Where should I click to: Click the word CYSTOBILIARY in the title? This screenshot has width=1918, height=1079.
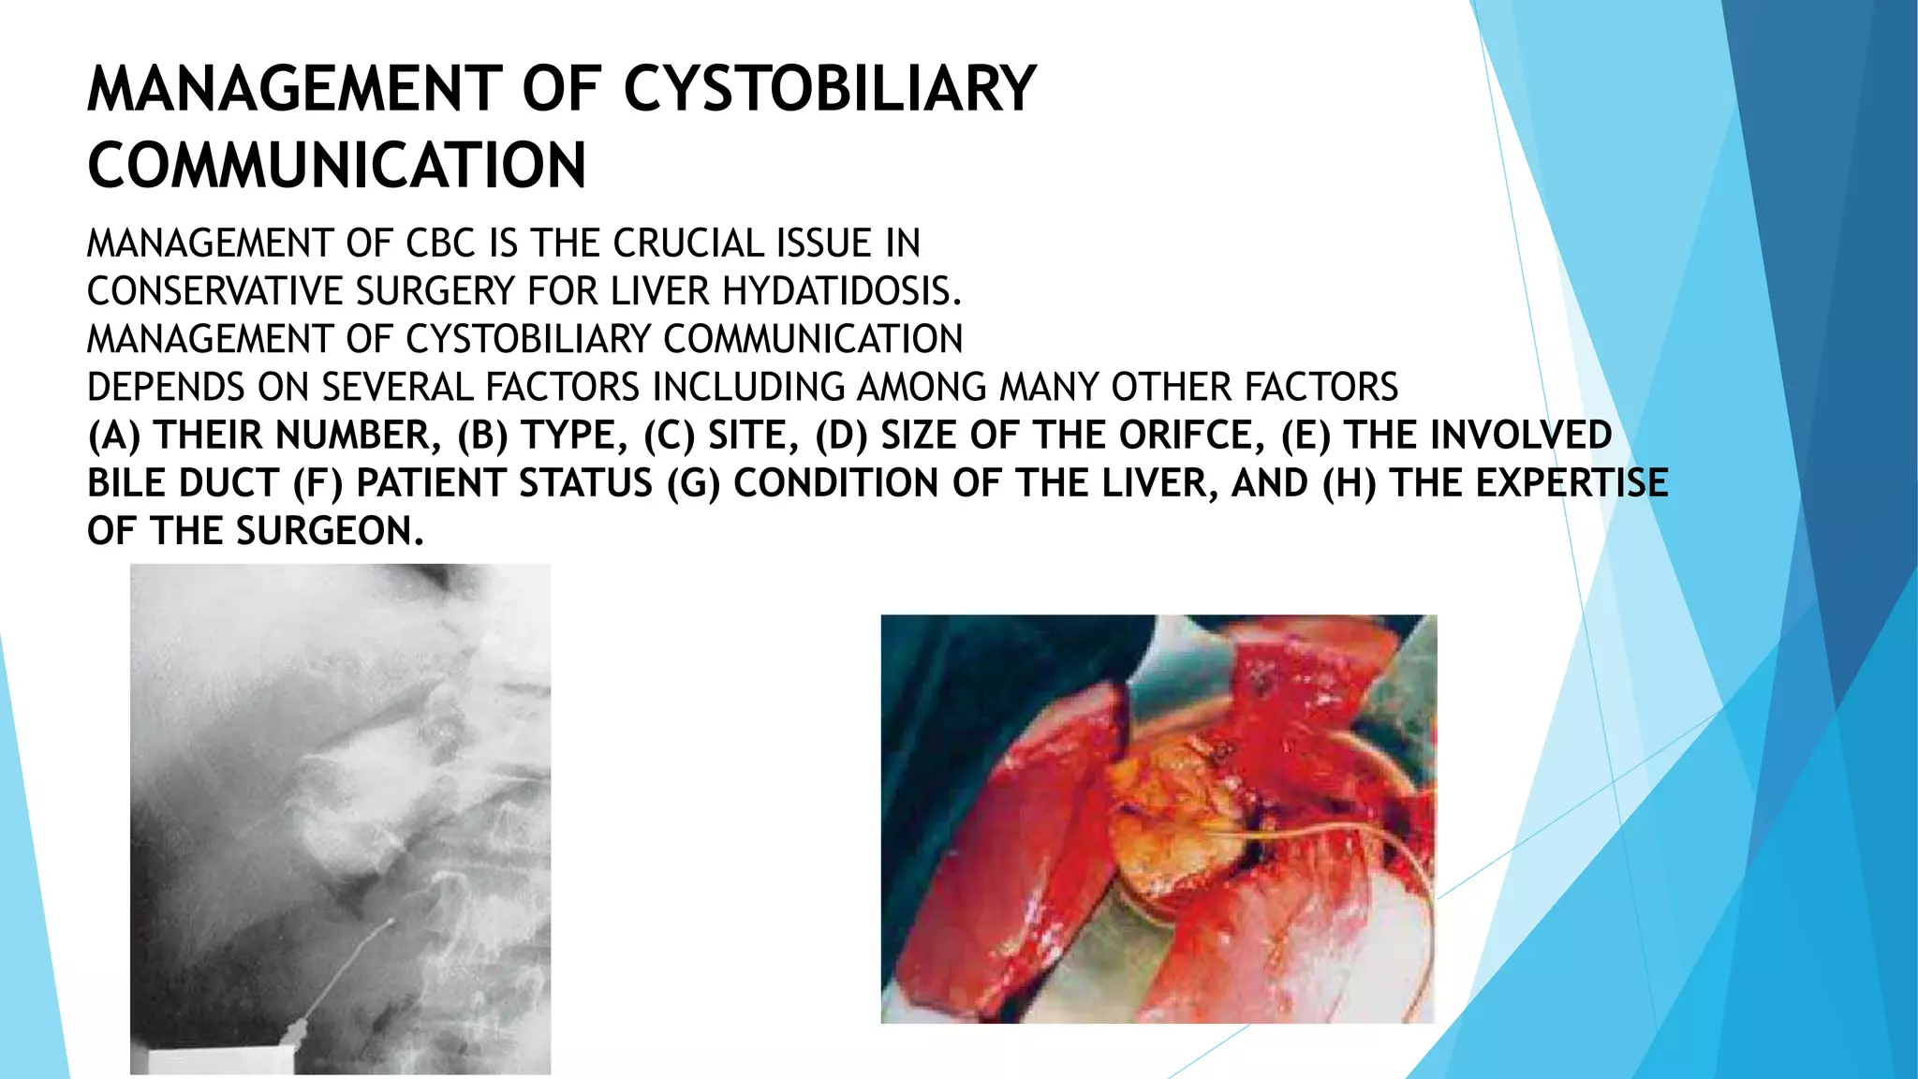pos(829,90)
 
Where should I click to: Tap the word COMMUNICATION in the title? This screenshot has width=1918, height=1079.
pos(337,166)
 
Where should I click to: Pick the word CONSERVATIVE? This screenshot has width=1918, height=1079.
pos(214,291)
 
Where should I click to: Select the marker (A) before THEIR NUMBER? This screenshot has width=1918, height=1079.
pos(113,436)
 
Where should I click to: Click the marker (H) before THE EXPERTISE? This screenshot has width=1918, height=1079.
pos(1349,483)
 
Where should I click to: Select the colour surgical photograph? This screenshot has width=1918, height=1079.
pos(1158,818)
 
